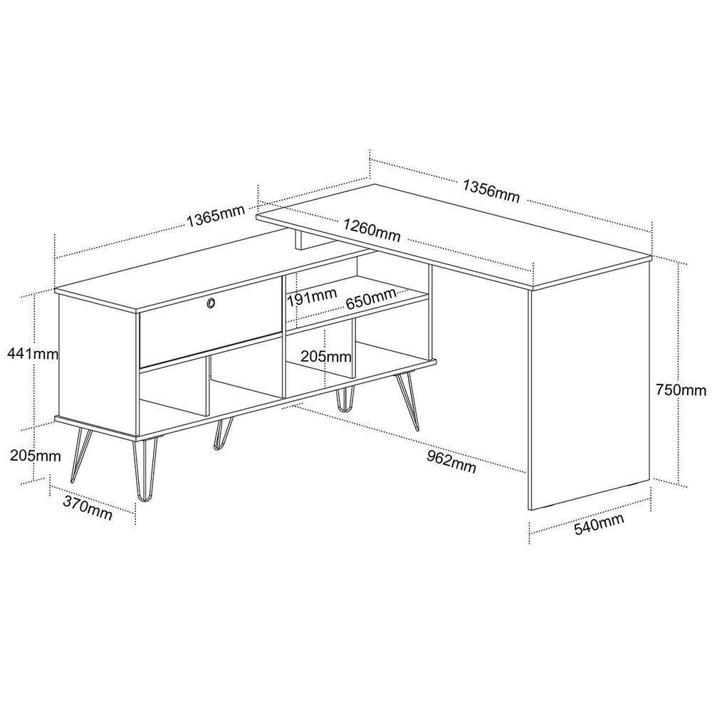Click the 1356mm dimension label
491,190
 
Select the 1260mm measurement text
371,230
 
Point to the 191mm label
310,294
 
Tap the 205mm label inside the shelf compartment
325,356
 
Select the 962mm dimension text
451,461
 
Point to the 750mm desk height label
681,389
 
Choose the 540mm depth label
600,524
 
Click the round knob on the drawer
211,304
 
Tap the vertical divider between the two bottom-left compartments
209,388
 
